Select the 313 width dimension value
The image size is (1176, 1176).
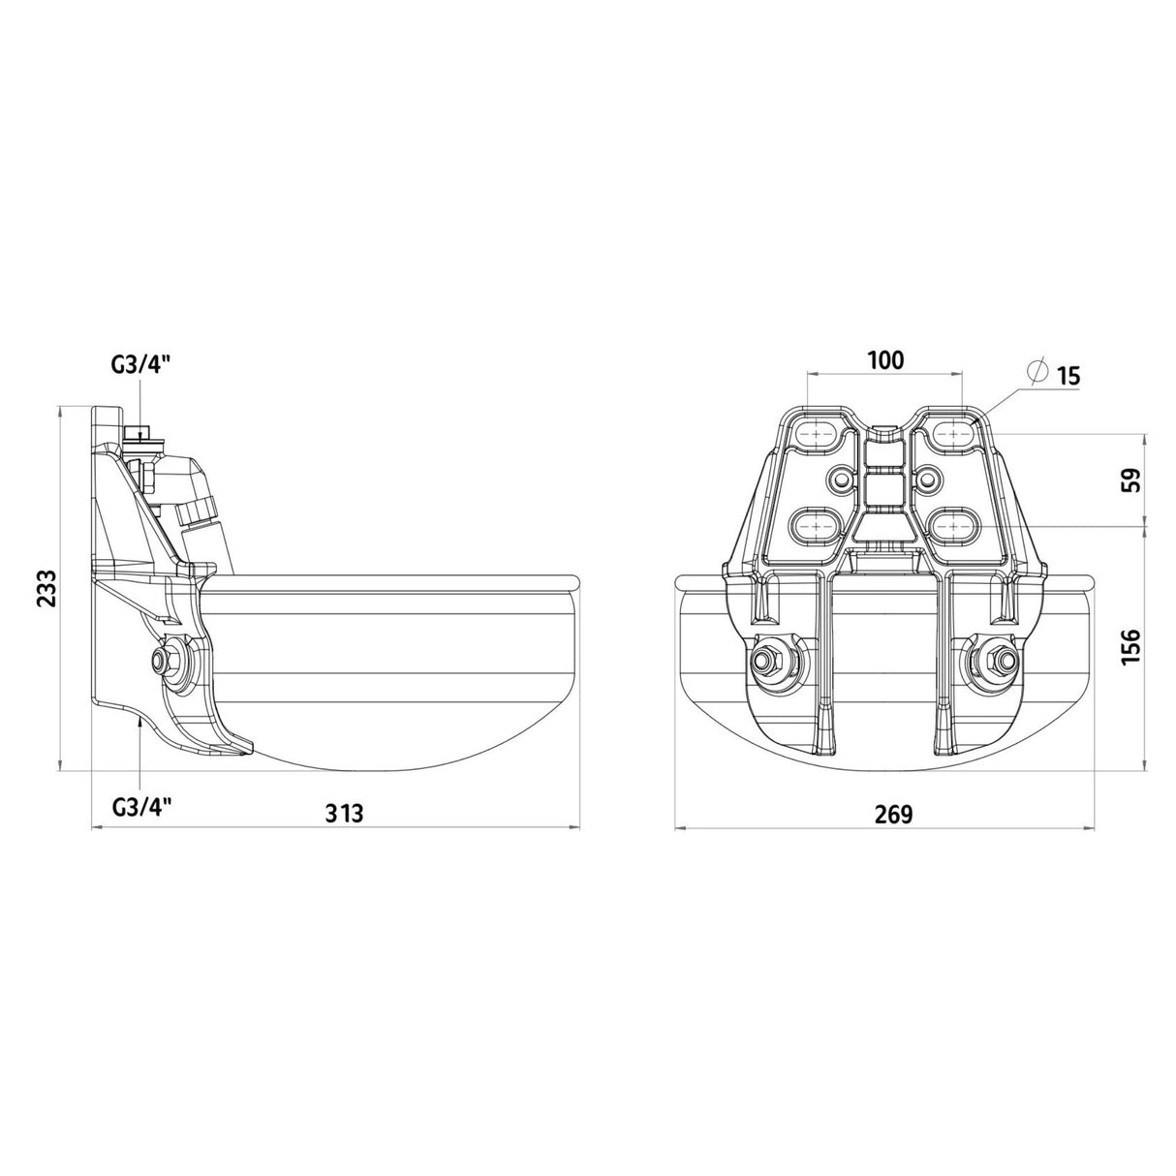pos(344,813)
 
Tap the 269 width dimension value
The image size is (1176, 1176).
pos(893,814)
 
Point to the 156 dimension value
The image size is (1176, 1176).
pos(1130,647)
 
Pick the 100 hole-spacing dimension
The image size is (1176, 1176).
pos(885,360)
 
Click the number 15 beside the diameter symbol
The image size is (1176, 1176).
pos(1068,376)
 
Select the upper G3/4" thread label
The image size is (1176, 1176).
pos(139,367)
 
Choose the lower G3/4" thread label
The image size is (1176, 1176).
pos(141,808)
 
